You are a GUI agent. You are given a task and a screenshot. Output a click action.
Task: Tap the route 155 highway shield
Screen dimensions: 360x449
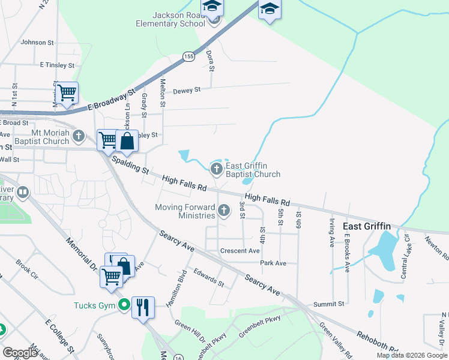(189, 56)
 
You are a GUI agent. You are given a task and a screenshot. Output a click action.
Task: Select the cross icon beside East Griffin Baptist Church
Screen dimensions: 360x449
(216, 167)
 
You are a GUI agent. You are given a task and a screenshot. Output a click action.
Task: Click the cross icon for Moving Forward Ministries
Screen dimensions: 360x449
(224, 210)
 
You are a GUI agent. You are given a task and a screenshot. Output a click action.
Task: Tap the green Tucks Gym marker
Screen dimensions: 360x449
(124, 305)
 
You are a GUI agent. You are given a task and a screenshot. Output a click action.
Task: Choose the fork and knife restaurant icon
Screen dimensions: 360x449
(143, 307)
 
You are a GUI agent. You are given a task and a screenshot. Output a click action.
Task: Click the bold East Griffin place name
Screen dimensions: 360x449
(367, 226)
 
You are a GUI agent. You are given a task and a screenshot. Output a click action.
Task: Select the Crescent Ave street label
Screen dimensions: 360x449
(240, 251)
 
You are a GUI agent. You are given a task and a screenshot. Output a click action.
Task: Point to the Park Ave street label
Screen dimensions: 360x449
(273, 263)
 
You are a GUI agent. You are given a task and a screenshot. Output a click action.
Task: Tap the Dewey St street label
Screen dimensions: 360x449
(186, 91)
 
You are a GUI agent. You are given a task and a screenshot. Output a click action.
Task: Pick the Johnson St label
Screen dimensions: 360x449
(37, 43)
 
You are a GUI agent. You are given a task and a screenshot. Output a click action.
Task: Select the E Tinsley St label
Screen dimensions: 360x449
(56, 65)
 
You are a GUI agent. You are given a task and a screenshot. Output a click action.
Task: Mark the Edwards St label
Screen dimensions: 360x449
(208, 277)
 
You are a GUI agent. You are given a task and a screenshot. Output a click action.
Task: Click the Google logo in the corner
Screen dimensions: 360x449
(20, 352)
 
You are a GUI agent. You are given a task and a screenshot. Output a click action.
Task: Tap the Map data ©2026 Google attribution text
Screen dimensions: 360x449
(411, 355)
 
